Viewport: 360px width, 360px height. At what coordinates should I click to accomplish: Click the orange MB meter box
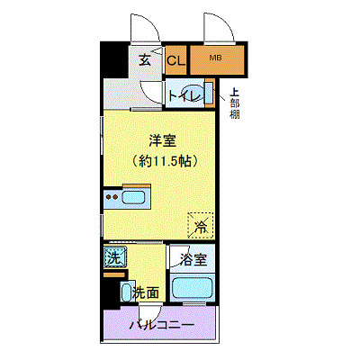pyautogui.click(x=215, y=60)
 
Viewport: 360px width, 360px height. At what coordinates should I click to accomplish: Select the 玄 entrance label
pyautogui.click(x=145, y=60)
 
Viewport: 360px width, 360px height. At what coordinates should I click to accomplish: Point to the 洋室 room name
pyautogui.click(x=161, y=140)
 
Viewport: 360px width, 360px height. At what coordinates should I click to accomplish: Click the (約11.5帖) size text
pyautogui.click(x=161, y=161)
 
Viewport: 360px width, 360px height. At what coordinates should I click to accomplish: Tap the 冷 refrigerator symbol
pyautogui.click(x=202, y=225)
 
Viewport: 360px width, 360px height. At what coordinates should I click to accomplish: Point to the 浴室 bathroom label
pyautogui.click(x=193, y=260)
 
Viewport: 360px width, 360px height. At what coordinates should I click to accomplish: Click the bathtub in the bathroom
pyautogui.click(x=193, y=290)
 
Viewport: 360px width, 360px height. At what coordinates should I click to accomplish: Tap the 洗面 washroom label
pyautogui.click(x=147, y=292)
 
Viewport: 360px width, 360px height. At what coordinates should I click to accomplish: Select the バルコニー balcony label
pyautogui.click(x=161, y=324)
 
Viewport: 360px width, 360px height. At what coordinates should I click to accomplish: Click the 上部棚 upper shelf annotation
pyautogui.click(x=234, y=102)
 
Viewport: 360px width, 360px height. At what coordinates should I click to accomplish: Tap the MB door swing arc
pyautogui.click(x=220, y=29)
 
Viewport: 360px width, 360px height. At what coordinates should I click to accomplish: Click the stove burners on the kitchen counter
pyautogui.click(x=112, y=197)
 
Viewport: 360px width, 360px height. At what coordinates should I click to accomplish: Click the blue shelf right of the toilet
pyautogui.click(x=211, y=94)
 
